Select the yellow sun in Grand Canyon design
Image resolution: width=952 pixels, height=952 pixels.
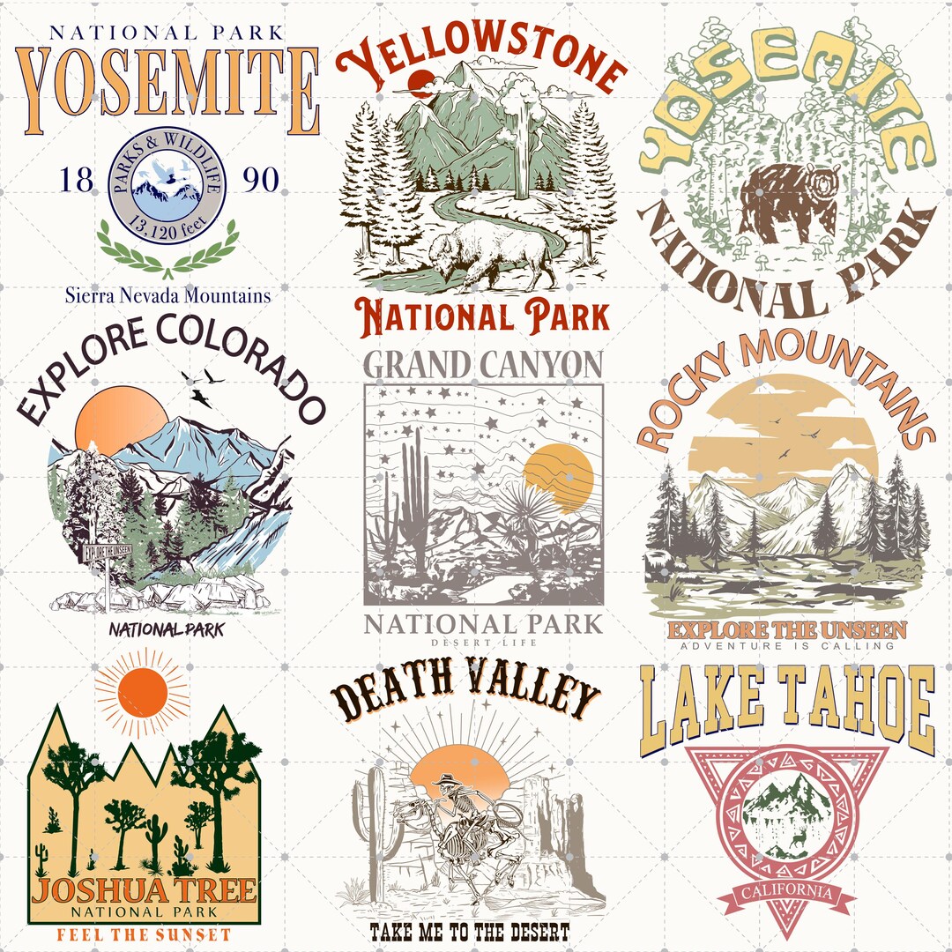558,479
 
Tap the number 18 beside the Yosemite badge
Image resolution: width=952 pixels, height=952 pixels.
76,182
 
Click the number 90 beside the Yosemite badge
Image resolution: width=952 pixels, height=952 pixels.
260,182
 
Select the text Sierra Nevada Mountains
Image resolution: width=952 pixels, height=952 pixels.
167,295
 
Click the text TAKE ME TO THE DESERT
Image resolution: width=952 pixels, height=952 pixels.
470,932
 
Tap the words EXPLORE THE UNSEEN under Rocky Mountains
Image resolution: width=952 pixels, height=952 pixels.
786,630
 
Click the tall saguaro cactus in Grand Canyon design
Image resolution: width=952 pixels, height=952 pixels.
412,502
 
